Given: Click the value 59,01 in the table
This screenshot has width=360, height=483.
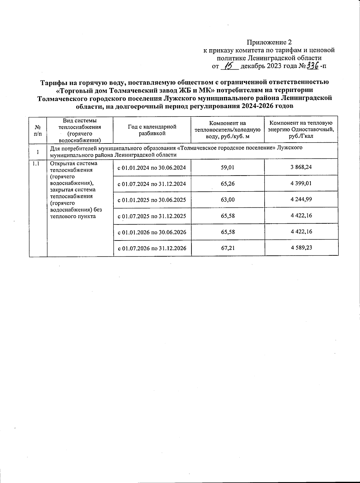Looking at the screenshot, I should (x=227, y=167).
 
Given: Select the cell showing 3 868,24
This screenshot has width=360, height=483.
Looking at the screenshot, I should (x=301, y=167).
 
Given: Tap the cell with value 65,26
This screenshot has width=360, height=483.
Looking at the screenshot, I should (x=227, y=183).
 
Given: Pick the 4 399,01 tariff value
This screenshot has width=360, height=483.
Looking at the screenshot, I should (x=301, y=183).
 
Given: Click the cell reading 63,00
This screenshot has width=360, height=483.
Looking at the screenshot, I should (x=227, y=200).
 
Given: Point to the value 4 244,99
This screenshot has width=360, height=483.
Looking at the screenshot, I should (x=301, y=199).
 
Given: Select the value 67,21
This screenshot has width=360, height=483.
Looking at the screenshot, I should (x=227, y=248).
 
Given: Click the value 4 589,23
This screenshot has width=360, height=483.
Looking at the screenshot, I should (x=301, y=248).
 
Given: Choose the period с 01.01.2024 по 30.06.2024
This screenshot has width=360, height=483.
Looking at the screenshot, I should (x=152, y=168).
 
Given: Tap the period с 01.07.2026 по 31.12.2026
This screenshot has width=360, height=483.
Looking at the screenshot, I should (x=152, y=248).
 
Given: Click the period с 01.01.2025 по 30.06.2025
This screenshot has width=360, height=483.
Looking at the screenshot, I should (x=152, y=200).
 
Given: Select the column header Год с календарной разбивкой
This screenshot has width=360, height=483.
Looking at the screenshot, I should (x=152, y=130).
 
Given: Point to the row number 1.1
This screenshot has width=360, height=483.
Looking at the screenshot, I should (x=35, y=164).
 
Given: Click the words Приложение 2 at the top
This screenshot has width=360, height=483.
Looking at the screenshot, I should (x=269, y=42).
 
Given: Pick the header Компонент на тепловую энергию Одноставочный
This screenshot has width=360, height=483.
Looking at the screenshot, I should (x=301, y=130).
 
